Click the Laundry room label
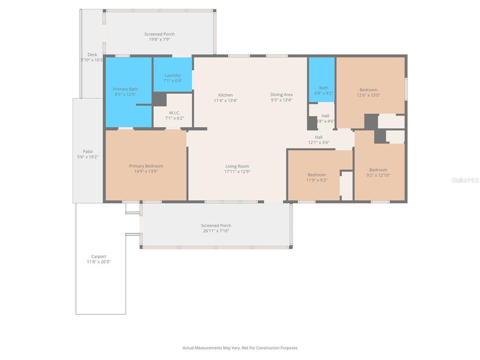[x=172, y=75]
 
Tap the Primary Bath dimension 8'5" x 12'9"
[x=125, y=94]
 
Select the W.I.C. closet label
[x=174, y=113]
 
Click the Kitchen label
[x=225, y=95]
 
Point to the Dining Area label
[x=281, y=95]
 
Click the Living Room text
[x=237, y=166]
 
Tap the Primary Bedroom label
[x=146, y=166]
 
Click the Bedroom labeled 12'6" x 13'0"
[x=368, y=90]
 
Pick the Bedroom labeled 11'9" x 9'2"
[x=316, y=175]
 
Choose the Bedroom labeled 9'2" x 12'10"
[x=378, y=170]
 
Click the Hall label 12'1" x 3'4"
[x=319, y=137]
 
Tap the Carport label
[x=98, y=257]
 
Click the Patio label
[x=88, y=151]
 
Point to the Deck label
[x=92, y=55]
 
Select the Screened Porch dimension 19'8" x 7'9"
[x=159, y=39]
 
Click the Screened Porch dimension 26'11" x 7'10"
[x=216, y=231]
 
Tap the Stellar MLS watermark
[x=465, y=180]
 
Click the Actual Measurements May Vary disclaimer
[x=240, y=348]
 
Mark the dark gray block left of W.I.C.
[x=160, y=99]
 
